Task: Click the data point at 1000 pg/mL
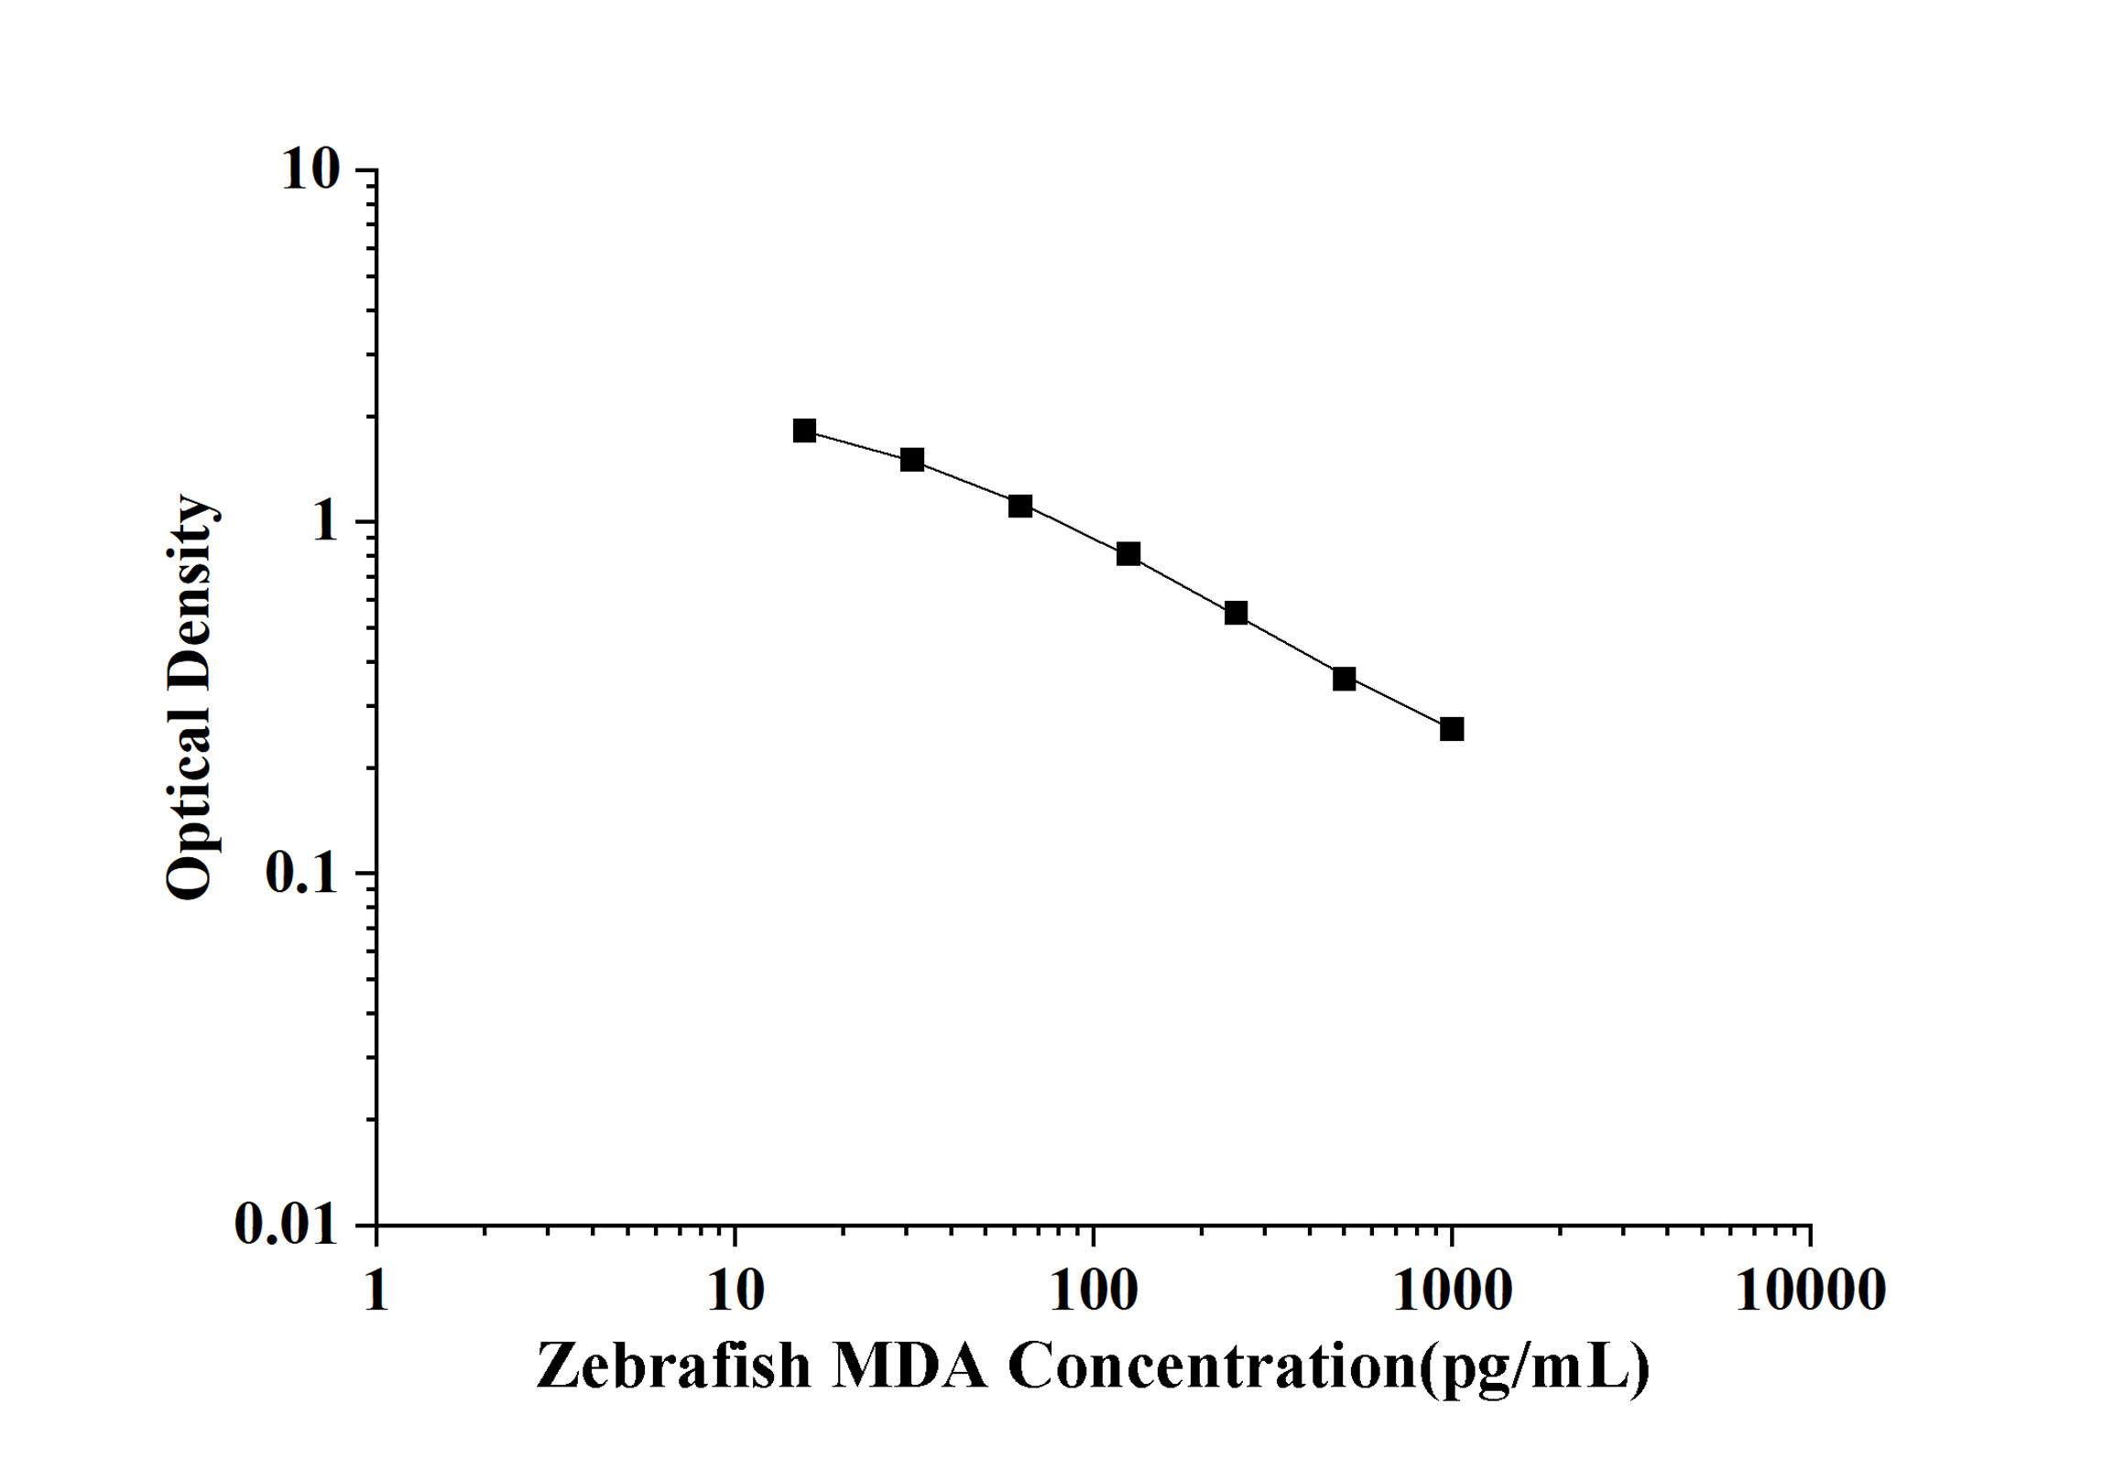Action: click(x=1451, y=729)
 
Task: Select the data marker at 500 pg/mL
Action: click(x=1344, y=679)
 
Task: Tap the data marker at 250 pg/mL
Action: click(x=1236, y=613)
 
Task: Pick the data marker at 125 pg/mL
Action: click(x=1128, y=553)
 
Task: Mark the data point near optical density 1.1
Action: click(x=1020, y=506)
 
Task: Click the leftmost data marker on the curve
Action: click(x=804, y=430)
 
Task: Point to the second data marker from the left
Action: click(x=912, y=460)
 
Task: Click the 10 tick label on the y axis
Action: click(x=310, y=169)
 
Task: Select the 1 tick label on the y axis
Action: click(x=324, y=522)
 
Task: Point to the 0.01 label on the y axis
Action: click(x=287, y=1224)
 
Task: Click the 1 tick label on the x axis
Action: click(x=376, y=1291)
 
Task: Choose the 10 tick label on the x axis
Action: click(x=736, y=1291)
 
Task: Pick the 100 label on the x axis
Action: click(x=1094, y=1291)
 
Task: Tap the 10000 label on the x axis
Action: click(x=1810, y=1291)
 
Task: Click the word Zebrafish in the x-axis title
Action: click(x=674, y=1366)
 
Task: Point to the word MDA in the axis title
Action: click(x=910, y=1366)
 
